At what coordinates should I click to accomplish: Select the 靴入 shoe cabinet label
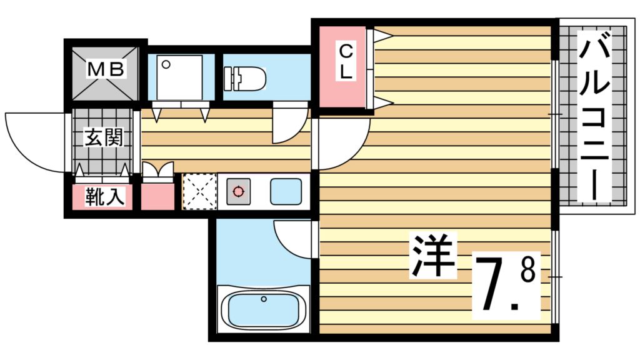tap(104, 197)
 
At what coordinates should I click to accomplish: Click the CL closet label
tap(346, 61)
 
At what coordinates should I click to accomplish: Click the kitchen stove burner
tap(237, 191)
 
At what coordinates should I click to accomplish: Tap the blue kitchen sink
tap(286, 191)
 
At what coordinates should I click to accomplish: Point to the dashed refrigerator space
tap(199, 191)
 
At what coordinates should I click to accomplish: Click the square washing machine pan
tap(179, 77)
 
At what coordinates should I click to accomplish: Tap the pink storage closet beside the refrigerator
tap(157, 196)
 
